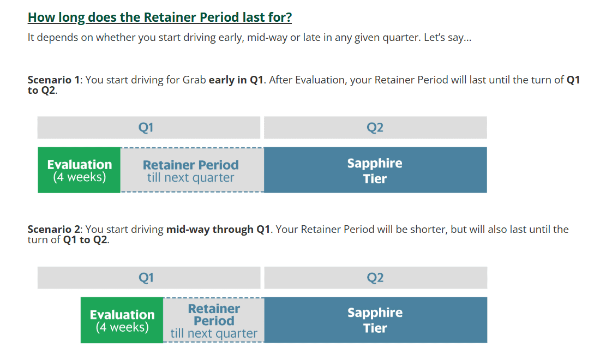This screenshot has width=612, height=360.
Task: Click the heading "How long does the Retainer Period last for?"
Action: click(160, 17)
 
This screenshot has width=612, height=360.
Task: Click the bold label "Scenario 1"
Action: click(53, 80)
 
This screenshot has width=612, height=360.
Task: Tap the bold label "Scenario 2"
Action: click(53, 229)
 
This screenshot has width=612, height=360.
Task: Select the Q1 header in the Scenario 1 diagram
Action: click(149, 127)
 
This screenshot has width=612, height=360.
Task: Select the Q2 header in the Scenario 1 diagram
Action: click(375, 127)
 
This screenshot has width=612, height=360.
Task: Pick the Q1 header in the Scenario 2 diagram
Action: click(149, 278)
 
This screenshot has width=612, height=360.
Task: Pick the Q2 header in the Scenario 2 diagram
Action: click(375, 278)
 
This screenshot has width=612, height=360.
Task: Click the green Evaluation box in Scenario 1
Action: click(79, 170)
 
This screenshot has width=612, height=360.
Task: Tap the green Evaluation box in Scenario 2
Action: click(122, 320)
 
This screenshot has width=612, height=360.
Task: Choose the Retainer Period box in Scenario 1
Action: click(192, 170)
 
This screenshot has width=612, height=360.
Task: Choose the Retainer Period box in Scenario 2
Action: click(213, 320)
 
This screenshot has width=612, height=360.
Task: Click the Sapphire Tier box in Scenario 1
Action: click(375, 170)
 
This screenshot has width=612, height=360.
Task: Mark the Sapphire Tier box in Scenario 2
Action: click(375, 320)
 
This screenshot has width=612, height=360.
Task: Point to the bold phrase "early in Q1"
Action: click(236, 80)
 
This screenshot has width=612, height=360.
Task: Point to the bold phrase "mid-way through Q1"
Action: click(218, 229)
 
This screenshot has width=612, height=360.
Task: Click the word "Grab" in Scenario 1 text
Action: click(194, 80)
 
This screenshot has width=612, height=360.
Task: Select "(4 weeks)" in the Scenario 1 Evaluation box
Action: click(80, 177)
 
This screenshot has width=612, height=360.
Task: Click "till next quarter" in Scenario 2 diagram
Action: click(214, 333)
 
